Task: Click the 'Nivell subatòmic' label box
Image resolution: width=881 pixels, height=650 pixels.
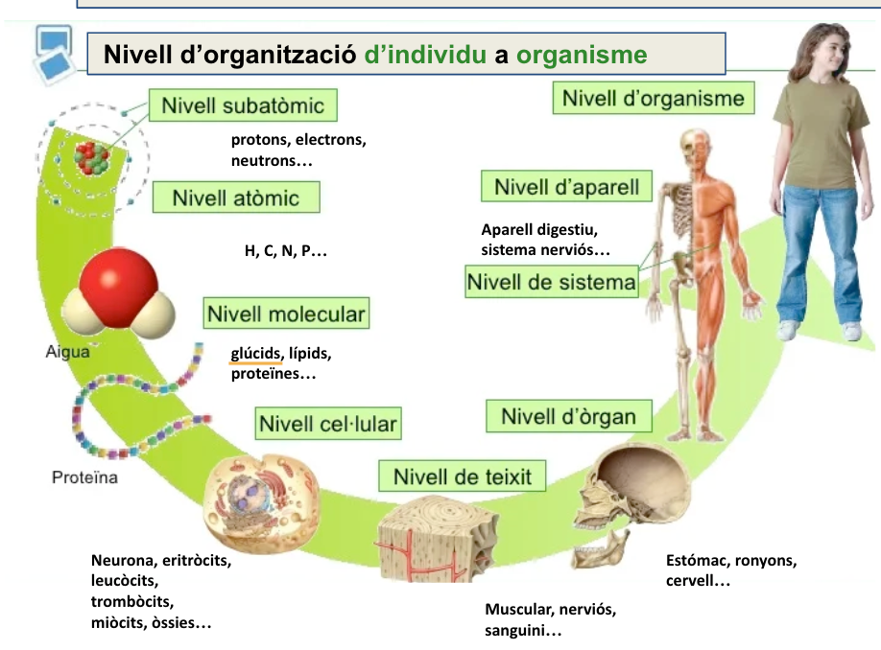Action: [x=243, y=104]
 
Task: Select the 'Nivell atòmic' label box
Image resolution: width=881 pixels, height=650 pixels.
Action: [x=236, y=197]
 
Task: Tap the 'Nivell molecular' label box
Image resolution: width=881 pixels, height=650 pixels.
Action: [x=286, y=313]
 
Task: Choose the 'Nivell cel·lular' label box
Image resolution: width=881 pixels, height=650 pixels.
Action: [x=328, y=423]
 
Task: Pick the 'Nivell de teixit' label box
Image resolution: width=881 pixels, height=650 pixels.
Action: [x=462, y=476]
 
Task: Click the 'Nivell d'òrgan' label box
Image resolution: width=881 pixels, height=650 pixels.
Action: [x=568, y=416]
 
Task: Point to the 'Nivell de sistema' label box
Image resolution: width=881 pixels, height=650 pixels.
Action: [x=551, y=281]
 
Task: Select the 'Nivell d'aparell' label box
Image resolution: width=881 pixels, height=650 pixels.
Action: [x=566, y=186]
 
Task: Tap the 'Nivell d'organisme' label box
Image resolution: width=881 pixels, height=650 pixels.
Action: [x=654, y=98]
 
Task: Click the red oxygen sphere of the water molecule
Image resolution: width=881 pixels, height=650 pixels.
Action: [x=119, y=284]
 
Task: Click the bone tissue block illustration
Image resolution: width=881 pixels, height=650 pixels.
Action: [x=437, y=539]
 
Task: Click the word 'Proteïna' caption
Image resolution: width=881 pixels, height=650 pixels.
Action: [x=84, y=477]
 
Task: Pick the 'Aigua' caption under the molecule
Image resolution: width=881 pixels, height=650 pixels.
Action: [x=67, y=352]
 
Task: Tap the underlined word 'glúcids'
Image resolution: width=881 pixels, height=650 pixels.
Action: [x=255, y=353]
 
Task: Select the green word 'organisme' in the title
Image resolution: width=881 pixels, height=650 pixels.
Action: [x=582, y=55]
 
